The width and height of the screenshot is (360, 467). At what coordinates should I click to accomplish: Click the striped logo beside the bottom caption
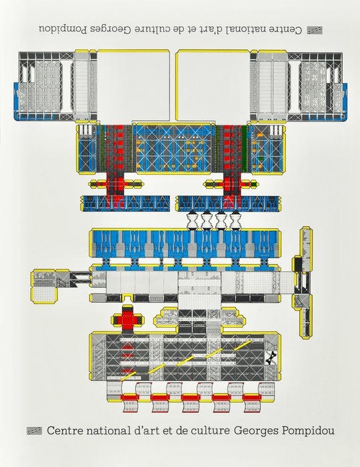34,431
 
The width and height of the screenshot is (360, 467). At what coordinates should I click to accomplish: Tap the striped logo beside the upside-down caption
315,30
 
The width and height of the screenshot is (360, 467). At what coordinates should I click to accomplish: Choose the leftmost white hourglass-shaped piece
192,220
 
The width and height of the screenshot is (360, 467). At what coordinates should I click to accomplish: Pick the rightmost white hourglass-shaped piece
235,220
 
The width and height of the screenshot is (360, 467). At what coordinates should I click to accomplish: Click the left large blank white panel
133,86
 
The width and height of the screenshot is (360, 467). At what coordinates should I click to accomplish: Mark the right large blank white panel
213,86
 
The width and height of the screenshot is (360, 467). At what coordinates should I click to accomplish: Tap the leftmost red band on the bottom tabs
129,398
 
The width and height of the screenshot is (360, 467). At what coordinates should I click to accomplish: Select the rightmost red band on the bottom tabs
251,398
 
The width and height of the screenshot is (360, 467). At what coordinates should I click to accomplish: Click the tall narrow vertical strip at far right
305,282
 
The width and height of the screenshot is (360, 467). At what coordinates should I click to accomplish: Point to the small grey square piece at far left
44,286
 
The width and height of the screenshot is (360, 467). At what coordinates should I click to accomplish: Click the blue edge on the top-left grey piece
17,101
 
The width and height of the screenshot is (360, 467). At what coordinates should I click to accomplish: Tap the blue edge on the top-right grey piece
345,101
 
